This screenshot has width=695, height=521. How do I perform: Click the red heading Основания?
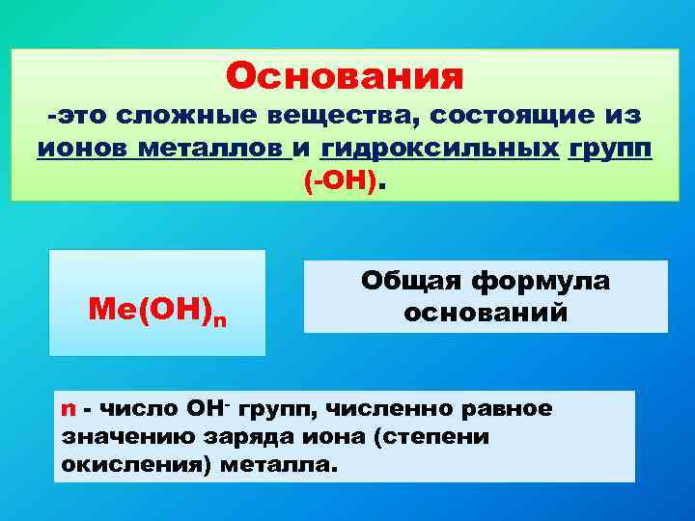pyautogui.click(x=346, y=74)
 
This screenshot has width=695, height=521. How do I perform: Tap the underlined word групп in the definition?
pyautogui.click(x=610, y=150)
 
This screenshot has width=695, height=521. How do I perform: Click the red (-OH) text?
pyautogui.click(x=340, y=181)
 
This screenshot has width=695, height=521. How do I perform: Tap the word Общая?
pyautogui.click(x=412, y=281)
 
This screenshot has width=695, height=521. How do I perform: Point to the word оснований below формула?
pyautogui.click(x=486, y=314)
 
